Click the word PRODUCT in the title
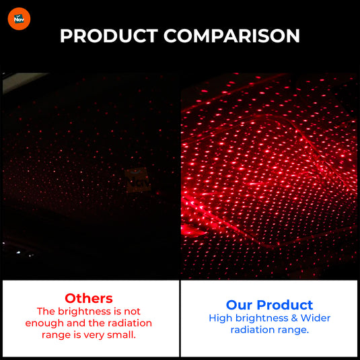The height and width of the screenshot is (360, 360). pyautogui.click(x=109, y=36)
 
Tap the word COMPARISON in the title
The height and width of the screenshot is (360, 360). pyautogui.click(x=232, y=36)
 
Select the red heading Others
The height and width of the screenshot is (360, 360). pyautogui.click(x=89, y=298)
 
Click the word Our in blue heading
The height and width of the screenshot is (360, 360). pyautogui.click(x=239, y=305)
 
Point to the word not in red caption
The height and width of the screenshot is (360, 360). pyautogui.click(x=132, y=311)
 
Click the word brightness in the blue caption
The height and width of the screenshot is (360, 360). pyautogui.click(x=258, y=318)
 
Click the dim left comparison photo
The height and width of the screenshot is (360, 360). pyautogui.click(x=90, y=175)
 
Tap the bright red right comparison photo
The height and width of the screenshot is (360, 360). pyautogui.click(x=270, y=175)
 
